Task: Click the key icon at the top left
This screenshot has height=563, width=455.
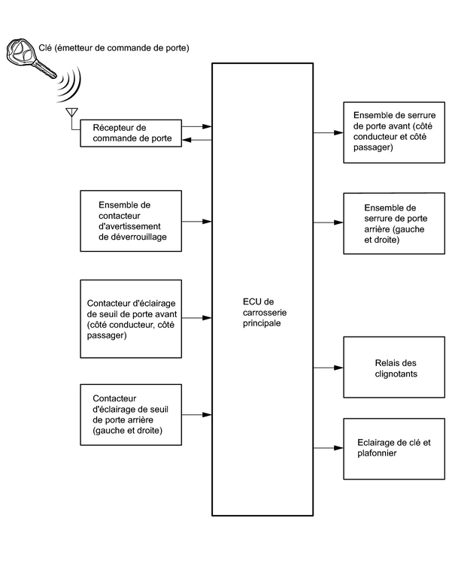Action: coord(29,57)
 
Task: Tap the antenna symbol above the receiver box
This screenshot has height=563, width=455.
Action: coord(72,113)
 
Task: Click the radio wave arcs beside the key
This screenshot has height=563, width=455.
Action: coord(70,85)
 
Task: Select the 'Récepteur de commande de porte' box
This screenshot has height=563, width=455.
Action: coord(131,133)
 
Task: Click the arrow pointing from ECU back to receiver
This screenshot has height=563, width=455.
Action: coord(197,140)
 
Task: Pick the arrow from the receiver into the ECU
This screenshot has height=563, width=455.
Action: coord(197,126)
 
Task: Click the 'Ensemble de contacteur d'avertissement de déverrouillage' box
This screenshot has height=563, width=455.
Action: coord(131,221)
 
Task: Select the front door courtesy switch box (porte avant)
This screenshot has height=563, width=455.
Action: coord(131,319)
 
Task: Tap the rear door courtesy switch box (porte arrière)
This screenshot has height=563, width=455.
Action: coord(131,415)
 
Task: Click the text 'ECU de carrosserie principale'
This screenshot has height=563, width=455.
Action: coord(265,312)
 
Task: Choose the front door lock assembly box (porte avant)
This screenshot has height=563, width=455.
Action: coord(394,132)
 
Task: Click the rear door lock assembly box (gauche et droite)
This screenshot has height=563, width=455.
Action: coord(394,223)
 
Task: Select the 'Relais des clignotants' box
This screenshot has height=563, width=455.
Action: coord(394,367)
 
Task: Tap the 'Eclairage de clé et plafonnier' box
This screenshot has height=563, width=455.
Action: coord(394,449)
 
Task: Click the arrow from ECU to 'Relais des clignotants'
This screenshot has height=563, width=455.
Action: coord(328,368)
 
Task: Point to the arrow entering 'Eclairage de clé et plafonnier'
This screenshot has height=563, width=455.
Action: coord(328,448)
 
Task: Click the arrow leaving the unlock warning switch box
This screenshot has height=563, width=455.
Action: coord(197,222)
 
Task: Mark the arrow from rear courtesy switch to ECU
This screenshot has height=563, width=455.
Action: coord(197,415)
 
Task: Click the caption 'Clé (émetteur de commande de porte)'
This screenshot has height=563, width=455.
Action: coord(114,48)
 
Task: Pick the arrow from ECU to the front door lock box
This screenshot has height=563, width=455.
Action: coord(328,132)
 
